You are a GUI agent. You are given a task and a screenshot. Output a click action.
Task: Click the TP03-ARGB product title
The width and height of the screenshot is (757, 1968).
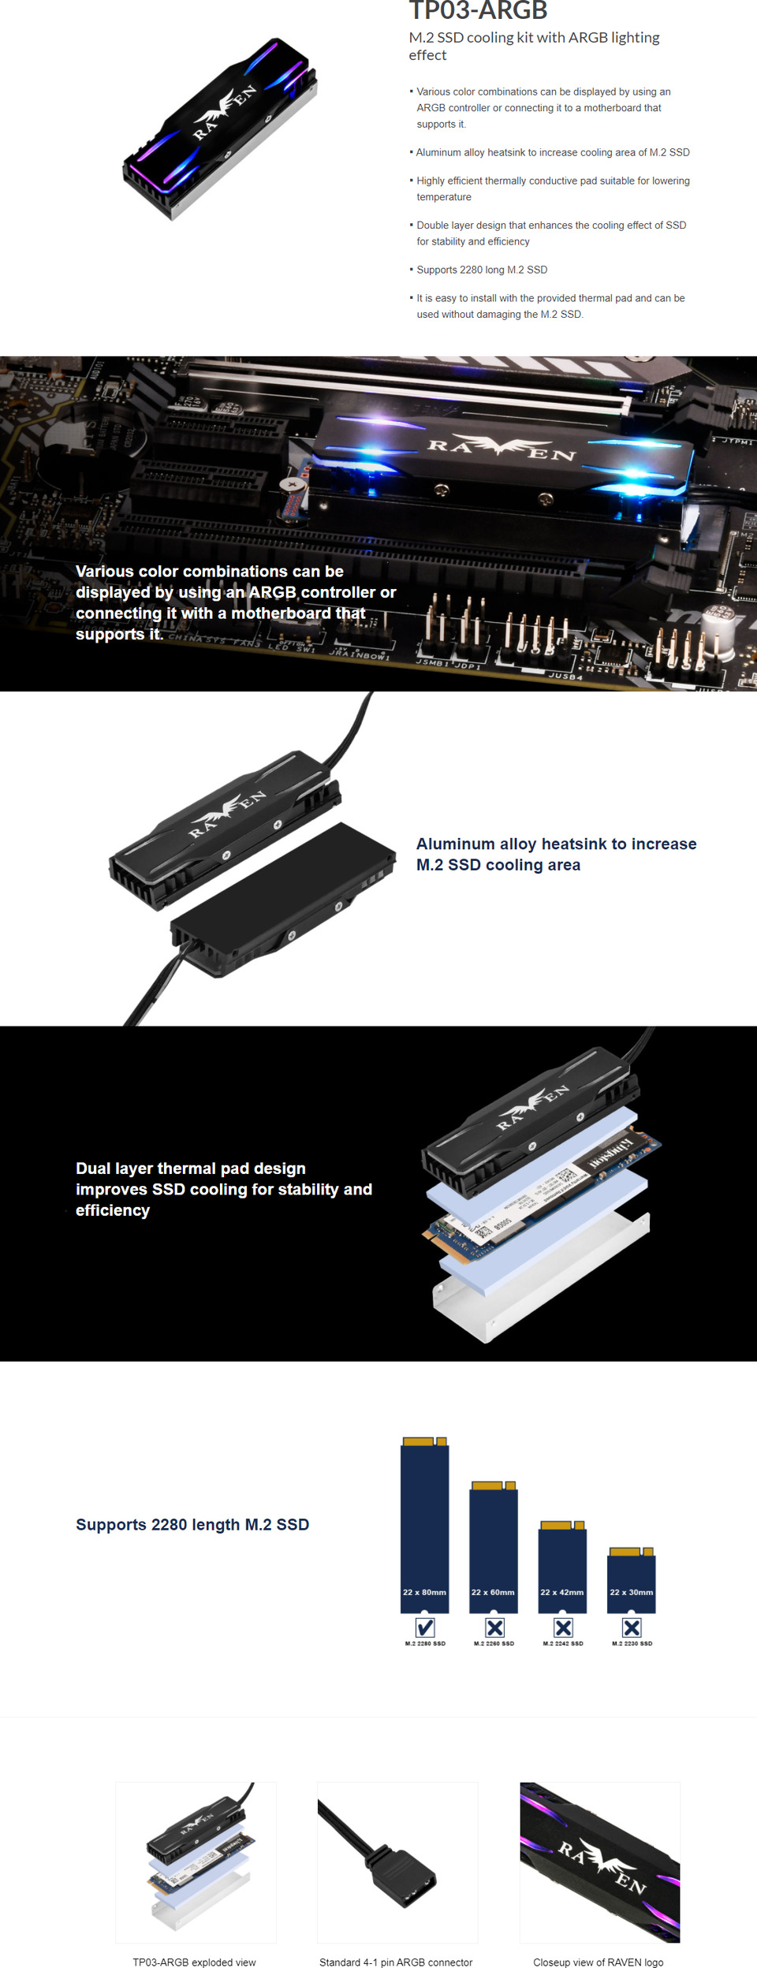(x=478, y=11)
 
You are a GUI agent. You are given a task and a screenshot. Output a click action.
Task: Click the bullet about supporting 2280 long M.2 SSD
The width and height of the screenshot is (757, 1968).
(x=481, y=270)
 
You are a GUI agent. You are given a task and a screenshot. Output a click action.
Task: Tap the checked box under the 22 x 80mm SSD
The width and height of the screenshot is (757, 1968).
(x=425, y=1627)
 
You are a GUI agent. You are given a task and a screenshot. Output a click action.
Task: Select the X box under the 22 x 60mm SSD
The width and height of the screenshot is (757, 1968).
(x=494, y=1627)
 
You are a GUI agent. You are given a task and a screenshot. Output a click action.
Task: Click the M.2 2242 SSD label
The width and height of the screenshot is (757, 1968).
(x=563, y=1644)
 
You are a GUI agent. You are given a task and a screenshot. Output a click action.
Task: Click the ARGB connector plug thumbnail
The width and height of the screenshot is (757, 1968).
(x=397, y=1862)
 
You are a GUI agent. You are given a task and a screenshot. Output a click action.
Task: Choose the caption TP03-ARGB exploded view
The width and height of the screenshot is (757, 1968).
(x=194, y=1962)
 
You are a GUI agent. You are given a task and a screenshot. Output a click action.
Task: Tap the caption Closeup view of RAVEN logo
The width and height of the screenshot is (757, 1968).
(x=598, y=1962)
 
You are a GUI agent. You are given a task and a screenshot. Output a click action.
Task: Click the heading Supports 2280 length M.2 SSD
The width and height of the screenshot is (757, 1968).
(x=192, y=1524)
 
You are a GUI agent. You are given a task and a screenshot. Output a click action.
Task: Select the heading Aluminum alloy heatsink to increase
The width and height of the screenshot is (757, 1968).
(x=556, y=844)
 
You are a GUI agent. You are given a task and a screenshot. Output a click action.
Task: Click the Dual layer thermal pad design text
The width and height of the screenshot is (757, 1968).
(x=191, y=1168)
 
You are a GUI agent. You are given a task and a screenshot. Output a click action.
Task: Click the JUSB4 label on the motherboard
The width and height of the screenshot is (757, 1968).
(x=565, y=676)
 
